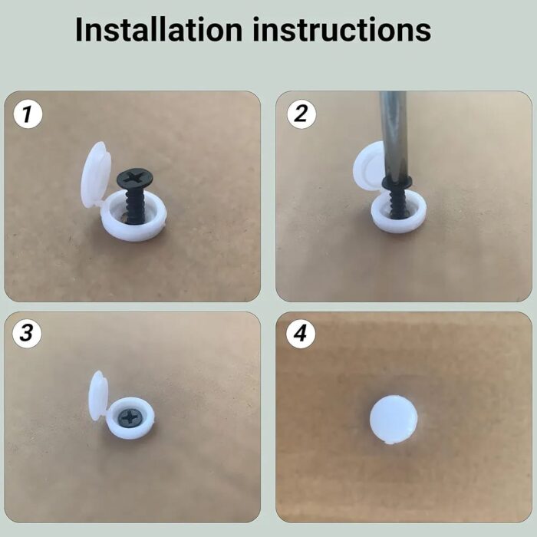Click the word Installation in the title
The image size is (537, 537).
coord(159,29)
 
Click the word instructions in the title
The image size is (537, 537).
coord(342,29)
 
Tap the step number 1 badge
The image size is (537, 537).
coord(28,114)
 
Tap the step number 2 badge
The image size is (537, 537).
coord(301,114)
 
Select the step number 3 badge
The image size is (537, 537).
coord(27,333)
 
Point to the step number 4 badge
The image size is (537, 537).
coord(301,333)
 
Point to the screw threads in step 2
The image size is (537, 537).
coord(397,202)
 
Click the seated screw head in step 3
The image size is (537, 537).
coord(130,417)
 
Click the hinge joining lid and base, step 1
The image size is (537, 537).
coord(101,205)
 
